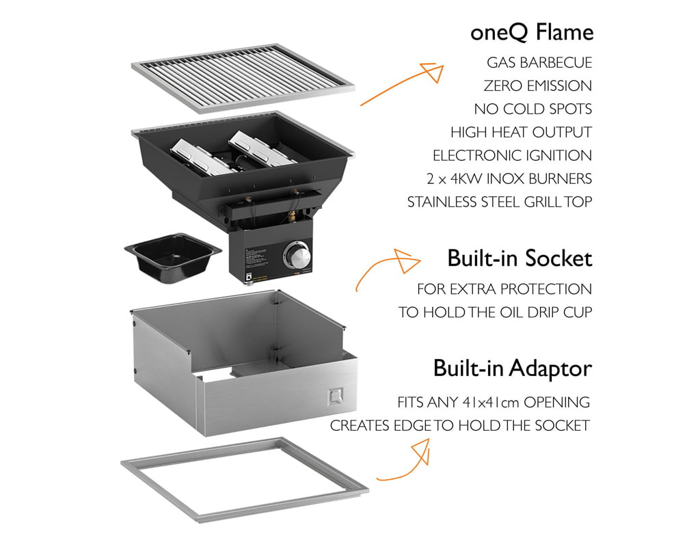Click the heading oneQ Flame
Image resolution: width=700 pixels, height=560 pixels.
(x=532, y=33)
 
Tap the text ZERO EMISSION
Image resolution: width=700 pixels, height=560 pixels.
(x=537, y=85)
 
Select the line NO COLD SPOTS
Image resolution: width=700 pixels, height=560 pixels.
(x=533, y=109)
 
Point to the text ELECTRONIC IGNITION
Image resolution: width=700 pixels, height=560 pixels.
(x=512, y=155)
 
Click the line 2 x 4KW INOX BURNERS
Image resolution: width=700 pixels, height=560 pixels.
(x=509, y=178)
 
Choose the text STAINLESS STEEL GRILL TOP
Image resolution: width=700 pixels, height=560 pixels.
(x=500, y=202)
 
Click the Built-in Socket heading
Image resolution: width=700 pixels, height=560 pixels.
(x=520, y=258)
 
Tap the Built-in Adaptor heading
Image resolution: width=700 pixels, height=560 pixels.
(x=513, y=369)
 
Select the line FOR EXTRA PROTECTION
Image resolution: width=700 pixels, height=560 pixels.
(x=504, y=289)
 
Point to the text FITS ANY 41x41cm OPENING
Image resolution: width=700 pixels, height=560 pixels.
(x=494, y=402)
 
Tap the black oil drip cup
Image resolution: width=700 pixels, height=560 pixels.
(x=173, y=258)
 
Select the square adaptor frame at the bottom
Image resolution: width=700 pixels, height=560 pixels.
(x=244, y=511)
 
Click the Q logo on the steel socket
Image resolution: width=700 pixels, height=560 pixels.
(x=335, y=397)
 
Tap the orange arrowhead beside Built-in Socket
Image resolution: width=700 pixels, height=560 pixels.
(x=406, y=261)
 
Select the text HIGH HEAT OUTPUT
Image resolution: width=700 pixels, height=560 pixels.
(x=521, y=132)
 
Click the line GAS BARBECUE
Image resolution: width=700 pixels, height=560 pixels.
(x=539, y=62)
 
